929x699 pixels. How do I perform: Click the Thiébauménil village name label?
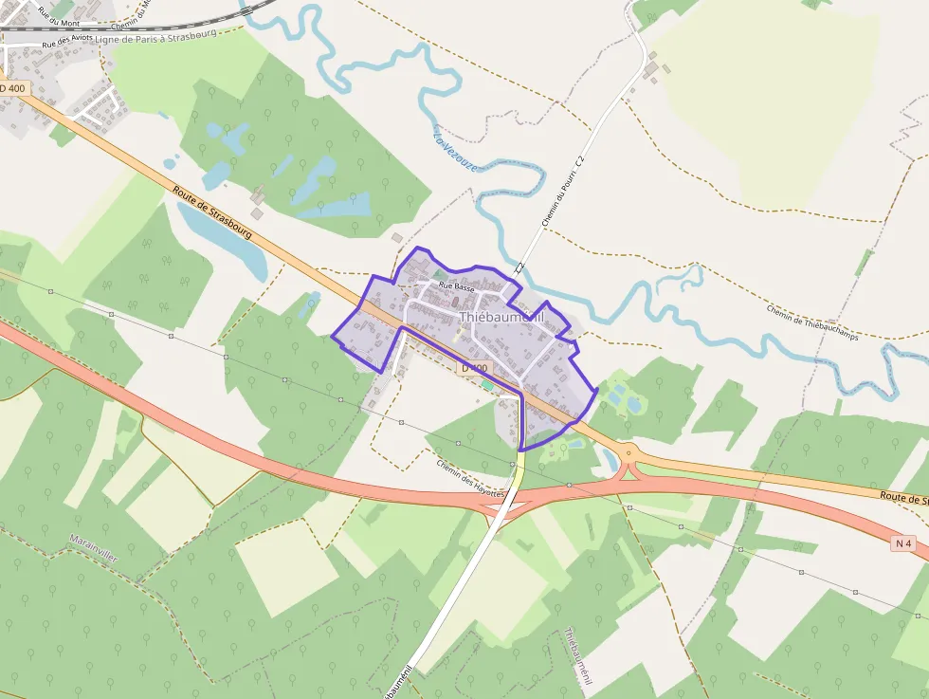tap(502, 318)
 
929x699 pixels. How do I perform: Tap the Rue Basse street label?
tap(457, 286)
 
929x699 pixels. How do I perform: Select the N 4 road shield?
tap(904, 543)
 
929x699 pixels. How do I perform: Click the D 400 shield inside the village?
tap(475, 368)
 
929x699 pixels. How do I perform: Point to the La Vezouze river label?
tap(455, 151)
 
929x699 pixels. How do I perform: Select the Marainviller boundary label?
tap(93, 549)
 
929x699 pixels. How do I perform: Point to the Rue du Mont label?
tap(56, 16)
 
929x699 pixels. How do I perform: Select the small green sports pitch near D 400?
tap(487, 384)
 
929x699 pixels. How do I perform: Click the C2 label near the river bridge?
tap(519, 269)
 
